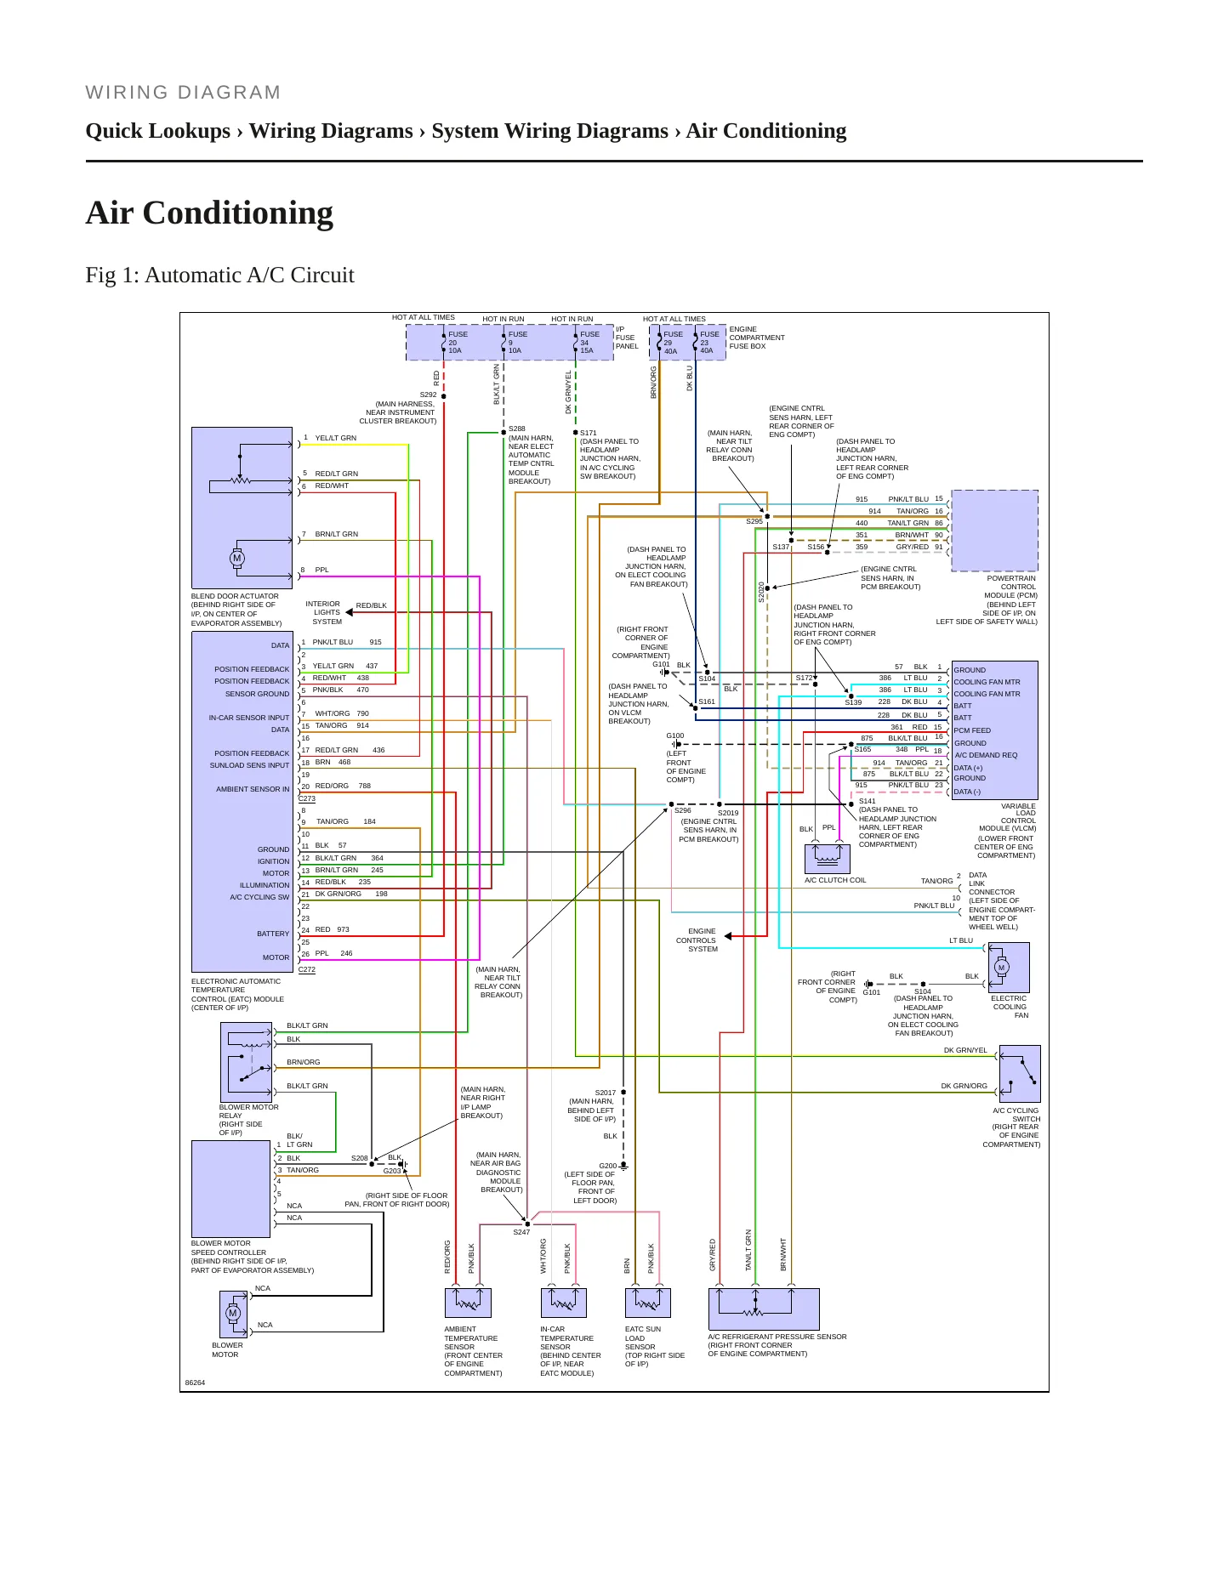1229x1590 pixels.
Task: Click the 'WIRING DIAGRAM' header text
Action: point(183,93)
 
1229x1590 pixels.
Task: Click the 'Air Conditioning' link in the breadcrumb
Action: point(766,131)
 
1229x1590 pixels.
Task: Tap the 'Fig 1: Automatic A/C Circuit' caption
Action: point(219,275)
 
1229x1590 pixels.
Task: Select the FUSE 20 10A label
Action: point(457,343)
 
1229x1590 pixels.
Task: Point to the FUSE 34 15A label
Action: point(589,343)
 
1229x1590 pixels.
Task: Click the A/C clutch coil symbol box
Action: point(828,859)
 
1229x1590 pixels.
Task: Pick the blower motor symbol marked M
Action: point(233,1314)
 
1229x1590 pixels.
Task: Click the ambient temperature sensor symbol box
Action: point(468,1303)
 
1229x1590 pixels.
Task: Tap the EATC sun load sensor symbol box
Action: point(648,1303)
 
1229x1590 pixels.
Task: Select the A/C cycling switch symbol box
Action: point(1020,1074)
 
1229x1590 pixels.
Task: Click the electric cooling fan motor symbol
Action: point(1010,968)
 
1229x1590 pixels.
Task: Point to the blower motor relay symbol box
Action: point(246,1062)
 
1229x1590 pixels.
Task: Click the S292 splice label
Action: point(428,395)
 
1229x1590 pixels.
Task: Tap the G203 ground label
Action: point(392,1171)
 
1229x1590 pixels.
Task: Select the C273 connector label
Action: point(307,798)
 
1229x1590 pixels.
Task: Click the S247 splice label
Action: point(521,1232)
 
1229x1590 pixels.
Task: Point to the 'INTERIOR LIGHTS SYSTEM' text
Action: point(327,612)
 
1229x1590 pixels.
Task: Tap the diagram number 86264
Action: point(195,1383)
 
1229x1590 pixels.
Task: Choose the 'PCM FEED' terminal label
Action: point(972,730)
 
